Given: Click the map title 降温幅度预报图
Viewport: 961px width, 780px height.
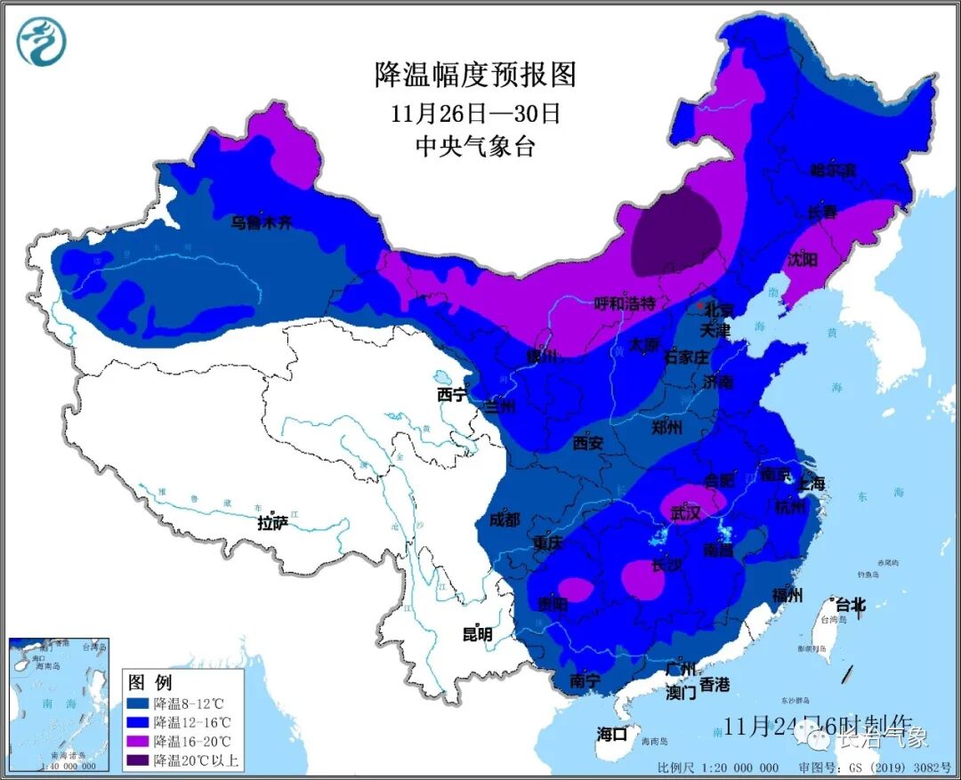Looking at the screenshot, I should [475, 75].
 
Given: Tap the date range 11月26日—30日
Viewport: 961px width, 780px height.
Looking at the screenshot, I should [475, 113].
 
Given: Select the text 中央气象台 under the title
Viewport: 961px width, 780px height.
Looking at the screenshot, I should [475, 147].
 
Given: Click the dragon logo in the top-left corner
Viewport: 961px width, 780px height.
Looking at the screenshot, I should [42, 42].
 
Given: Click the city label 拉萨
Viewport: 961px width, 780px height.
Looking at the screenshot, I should [272, 523].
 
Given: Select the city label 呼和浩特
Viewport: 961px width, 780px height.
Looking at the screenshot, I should [624, 304].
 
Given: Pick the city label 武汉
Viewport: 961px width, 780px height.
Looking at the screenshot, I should [686, 513].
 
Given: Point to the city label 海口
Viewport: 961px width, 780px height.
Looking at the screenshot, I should [612, 734].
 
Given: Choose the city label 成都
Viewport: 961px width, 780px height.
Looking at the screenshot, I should [504, 520].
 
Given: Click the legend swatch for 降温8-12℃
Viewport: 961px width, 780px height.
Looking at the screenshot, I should [139, 704].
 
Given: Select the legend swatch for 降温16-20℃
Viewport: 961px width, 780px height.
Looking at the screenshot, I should [139, 741].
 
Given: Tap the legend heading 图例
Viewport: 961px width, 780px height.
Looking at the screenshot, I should [149, 683].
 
